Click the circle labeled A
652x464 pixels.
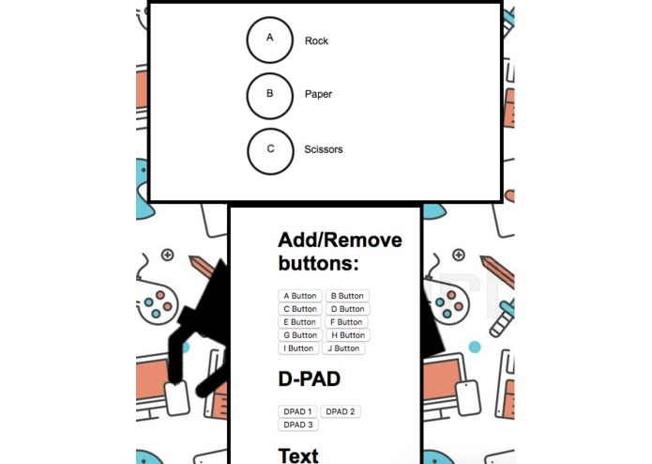[x=270, y=39]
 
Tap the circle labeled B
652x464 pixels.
[x=270, y=95]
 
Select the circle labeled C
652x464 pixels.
[x=270, y=150]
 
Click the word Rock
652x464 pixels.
[x=316, y=41]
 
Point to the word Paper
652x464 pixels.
[x=318, y=95]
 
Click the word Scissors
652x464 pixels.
[x=324, y=149]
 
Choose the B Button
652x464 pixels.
[x=347, y=296]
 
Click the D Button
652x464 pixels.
[x=347, y=309]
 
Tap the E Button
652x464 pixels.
[x=300, y=322]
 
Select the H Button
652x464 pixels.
[x=347, y=335]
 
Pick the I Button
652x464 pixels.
[x=298, y=348]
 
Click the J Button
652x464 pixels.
[x=343, y=348]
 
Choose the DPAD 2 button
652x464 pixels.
[x=340, y=411]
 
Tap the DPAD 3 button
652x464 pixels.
[x=297, y=425]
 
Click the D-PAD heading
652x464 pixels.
[x=309, y=380]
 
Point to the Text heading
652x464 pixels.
[x=298, y=456]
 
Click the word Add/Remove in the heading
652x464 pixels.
[x=340, y=240]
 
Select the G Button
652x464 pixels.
[x=300, y=335]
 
